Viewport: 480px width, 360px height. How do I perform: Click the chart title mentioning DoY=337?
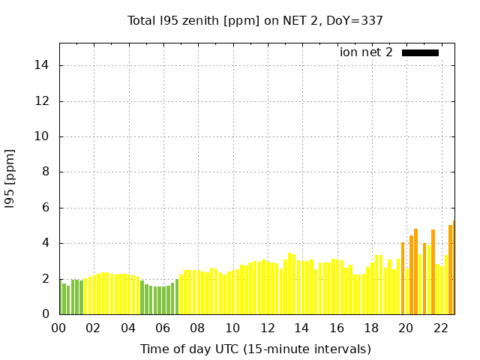255,20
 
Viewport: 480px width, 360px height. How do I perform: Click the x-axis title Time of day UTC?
255,349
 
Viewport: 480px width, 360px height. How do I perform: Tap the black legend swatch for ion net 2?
420,52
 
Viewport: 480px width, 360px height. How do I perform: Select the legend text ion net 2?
366,52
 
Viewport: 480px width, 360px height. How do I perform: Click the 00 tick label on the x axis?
58,328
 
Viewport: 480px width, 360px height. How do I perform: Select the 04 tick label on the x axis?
128,328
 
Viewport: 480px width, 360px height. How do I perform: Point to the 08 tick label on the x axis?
197,328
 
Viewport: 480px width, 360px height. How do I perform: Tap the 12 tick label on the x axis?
267,328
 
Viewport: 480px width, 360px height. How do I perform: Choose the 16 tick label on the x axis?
337,328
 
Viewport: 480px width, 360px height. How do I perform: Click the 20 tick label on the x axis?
406,328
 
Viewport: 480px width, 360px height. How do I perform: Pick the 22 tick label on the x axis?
441,328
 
